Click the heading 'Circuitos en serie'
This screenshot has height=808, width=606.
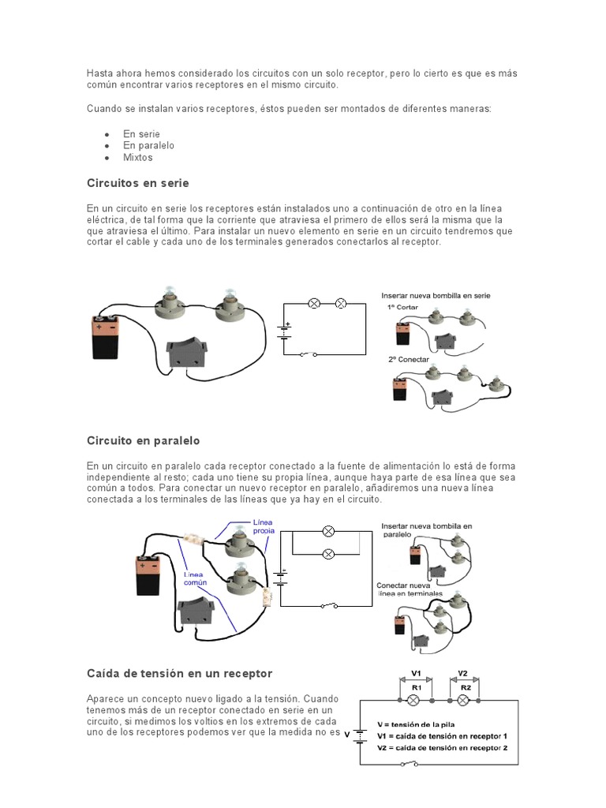(x=137, y=183)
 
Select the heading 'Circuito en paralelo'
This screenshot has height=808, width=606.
(x=143, y=440)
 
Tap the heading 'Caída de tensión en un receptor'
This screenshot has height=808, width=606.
(x=179, y=673)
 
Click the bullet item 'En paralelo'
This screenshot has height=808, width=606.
(x=148, y=145)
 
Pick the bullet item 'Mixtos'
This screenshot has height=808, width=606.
(x=138, y=157)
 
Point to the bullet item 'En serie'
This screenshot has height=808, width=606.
(x=141, y=133)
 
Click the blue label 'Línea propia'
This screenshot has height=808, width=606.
(x=264, y=526)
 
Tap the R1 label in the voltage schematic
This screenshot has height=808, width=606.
(x=417, y=687)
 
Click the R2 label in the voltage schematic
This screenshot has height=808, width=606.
(x=465, y=687)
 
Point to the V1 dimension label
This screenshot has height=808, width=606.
(x=417, y=673)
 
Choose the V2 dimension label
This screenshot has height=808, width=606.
(x=463, y=673)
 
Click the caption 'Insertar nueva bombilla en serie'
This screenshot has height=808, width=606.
(x=436, y=295)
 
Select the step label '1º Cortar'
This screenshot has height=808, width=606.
(x=403, y=306)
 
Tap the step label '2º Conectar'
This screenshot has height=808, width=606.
(x=408, y=359)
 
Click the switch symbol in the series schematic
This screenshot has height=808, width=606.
(x=308, y=354)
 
